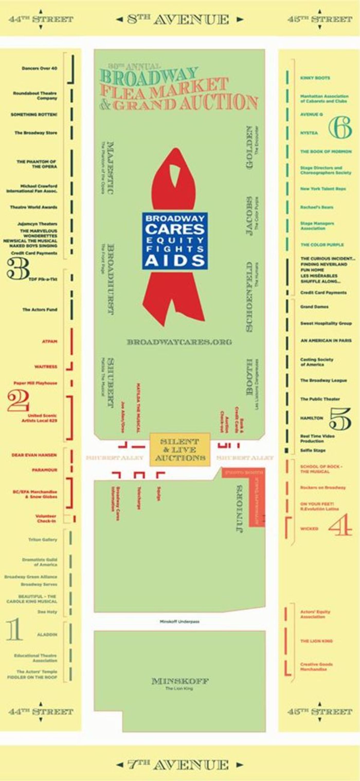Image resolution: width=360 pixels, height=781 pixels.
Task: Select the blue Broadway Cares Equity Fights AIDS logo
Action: [175, 241]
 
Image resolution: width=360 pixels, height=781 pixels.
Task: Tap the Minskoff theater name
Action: [180, 681]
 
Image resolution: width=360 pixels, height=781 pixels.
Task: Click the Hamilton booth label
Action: [312, 418]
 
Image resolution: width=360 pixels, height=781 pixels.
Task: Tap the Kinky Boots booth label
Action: [315, 78]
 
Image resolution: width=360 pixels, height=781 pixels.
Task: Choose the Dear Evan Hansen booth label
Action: [34, 455]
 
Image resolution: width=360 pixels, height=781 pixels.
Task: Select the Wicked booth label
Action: [309, 529]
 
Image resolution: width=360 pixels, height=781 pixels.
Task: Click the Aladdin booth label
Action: [47, 635]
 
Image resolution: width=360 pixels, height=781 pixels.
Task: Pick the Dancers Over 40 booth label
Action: [39, 68]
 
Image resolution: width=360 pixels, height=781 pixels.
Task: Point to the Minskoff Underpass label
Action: [180, 621]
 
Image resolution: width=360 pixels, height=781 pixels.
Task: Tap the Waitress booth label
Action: [46, 367]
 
